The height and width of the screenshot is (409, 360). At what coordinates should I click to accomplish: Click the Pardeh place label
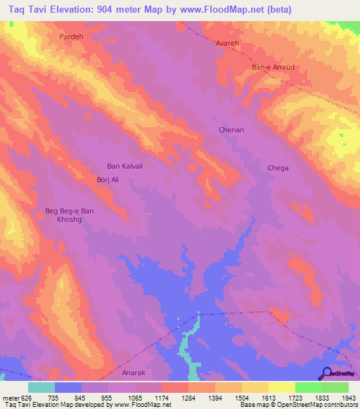[x=72, y=35]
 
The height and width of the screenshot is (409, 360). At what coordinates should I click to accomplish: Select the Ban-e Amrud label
[x=271, y=67]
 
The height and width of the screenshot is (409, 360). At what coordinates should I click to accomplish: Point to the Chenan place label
[x=231, y=130]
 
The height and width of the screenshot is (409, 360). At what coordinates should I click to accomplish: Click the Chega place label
[x=278, y=168]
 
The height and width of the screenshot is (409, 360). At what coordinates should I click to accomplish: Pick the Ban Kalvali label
[x=124, y=167]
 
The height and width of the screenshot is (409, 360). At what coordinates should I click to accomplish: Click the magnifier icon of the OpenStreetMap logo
[x=326, y=372]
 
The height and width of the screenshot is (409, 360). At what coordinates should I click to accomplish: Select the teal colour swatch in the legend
[x=41, y=387]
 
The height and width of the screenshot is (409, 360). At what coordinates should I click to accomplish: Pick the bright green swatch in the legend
[x=308, y=387]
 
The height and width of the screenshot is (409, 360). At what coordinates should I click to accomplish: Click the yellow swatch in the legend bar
[x=281, y=387]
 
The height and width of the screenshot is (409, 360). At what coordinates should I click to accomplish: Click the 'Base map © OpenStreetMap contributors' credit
[x=297, y=405]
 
